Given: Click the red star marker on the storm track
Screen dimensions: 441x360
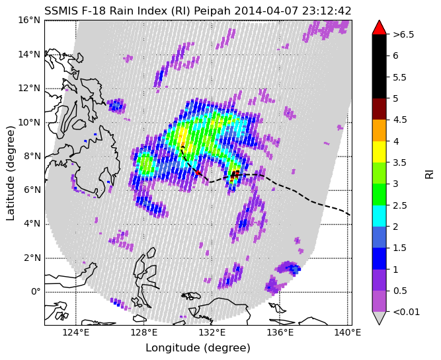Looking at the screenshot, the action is tap(198, 172).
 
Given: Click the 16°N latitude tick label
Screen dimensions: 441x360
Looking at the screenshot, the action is tap(29, 20).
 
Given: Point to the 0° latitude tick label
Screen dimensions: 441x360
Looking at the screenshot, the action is tap(36, 292).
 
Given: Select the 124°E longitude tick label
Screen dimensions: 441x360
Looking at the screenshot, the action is tap(75, 333).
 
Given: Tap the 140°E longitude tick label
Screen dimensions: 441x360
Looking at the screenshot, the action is tap(348, 333).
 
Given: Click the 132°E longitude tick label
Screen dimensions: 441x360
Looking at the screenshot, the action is tap(212, 333).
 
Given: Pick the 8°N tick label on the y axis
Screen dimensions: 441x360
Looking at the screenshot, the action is tap(32, 157).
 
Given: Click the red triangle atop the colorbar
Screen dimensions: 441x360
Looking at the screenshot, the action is tap(379, 27).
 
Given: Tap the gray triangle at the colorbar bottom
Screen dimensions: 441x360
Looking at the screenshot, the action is tap(379, 318).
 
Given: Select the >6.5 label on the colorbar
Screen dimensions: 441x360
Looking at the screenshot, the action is tap(403, 34).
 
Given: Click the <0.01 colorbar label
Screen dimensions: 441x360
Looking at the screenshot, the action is tap(407, 312).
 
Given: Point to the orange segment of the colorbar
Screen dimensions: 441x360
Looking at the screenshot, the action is tap(379, 130).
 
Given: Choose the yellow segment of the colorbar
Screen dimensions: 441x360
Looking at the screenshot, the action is tap(379, 152).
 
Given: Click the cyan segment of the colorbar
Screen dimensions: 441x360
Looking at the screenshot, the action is tap(379, 216).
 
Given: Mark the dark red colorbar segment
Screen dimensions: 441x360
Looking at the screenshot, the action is tap(379, 109).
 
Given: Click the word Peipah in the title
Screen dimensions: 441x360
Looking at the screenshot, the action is tap(213, 11).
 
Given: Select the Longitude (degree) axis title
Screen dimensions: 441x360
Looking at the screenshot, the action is tap(198, 348).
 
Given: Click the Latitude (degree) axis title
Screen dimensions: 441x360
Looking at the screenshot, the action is tap(10, 173).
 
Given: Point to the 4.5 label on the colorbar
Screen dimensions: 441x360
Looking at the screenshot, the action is tap(400, 120).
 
